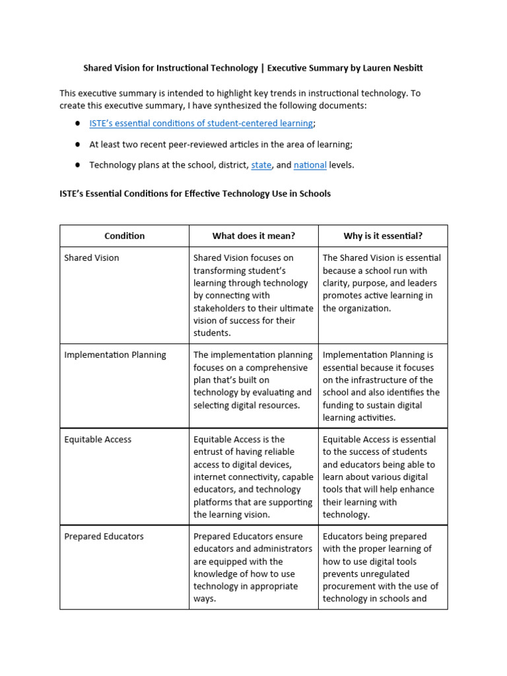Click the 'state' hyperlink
(x=261, y=165)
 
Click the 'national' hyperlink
(x=310, y=165)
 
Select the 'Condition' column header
(x=124, y=236)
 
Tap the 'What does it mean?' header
(x=253, y=236)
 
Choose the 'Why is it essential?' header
(x=383, y=236)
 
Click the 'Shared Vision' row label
(x=92, y=258)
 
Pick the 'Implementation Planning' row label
(x=115, y=355)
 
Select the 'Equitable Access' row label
(x=98, y=440)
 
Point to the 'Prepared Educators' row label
(x=104, y=537)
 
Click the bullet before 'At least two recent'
(x=77, y=145)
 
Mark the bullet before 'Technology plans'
(x=77, y=165)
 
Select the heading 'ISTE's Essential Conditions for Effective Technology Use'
(x=195, y=194)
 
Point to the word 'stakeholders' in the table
(x=220, y=308)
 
